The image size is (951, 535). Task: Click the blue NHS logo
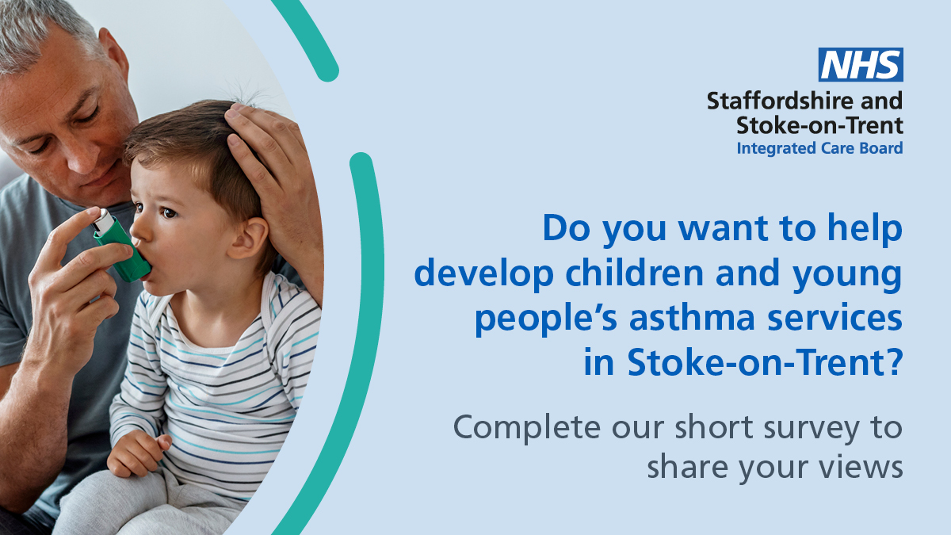[x=861, y=64]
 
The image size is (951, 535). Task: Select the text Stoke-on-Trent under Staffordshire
[x=819, y=126]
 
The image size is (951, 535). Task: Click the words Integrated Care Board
[x=819, y=149]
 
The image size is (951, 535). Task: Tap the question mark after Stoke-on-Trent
[x=893, y=361]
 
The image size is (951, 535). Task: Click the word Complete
[x=526, y=428]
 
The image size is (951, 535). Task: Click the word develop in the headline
[x=483, y=273]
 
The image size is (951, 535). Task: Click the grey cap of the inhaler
[x=101, y=220]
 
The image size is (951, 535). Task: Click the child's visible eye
[x=168, y=212]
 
